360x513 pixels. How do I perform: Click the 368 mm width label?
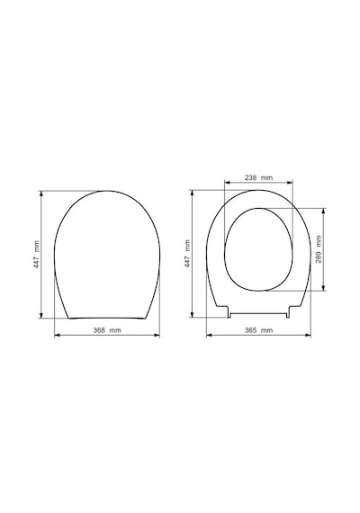107,330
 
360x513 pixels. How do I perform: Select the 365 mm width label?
258,330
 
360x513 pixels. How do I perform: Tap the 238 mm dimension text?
258,178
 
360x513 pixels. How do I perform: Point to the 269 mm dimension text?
319,249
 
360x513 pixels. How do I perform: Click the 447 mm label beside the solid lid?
37,255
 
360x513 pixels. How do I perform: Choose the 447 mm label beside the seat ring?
187,254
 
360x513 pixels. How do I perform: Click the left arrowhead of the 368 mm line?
57,335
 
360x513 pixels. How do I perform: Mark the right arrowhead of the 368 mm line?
157,335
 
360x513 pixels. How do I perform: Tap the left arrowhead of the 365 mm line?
209,335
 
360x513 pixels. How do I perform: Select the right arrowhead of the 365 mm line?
309,335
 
